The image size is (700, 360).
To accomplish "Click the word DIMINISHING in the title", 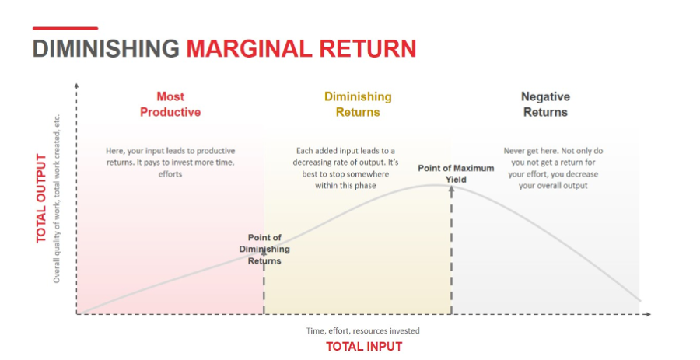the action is (106, 49).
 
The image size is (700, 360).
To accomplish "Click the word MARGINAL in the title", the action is (250, 49).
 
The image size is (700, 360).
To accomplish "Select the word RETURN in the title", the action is (368, 49).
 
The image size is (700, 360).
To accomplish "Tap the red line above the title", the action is (65, 29).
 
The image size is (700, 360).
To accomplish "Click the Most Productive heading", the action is (170, 104).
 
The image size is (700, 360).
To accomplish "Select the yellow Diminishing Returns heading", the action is (358, 104).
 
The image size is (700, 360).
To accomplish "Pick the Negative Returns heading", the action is (545, 104).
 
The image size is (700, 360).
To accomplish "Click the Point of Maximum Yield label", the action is (456, 174).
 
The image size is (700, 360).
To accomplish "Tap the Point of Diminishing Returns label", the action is (264, 250).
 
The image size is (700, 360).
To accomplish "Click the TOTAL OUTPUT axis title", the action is (41, 198).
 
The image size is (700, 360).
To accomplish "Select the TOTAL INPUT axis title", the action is (364, 347).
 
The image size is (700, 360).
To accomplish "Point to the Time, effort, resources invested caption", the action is (362, 331).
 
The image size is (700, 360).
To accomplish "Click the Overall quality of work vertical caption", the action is (57, 199).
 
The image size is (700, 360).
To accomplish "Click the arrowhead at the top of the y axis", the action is (77, 86).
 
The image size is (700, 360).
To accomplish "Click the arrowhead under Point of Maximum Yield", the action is (451, 189).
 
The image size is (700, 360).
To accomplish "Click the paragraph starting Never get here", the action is (553, 168).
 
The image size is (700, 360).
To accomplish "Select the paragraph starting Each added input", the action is (345, 168).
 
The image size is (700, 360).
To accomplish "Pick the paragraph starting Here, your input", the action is (170, 163).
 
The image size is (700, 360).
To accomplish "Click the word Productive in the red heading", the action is (170, 112).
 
